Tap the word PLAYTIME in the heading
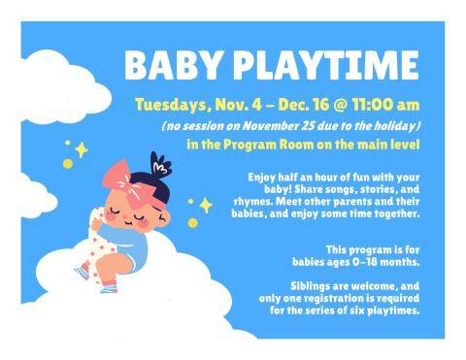click(x=317, y=65)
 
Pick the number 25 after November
click(x=312, y=126)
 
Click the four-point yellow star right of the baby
click(x=205, y=206)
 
